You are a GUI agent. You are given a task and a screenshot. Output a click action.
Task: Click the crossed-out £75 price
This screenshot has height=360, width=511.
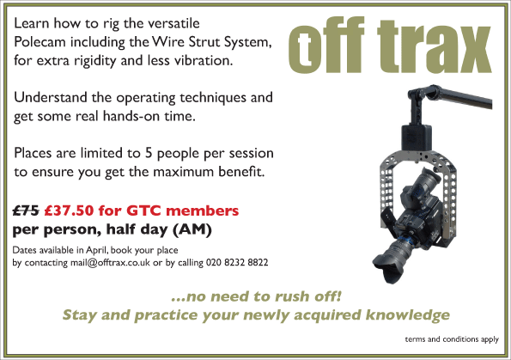pyautogui.click(x=26, y=211)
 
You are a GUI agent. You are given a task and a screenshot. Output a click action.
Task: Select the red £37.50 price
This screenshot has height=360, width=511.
pyautogui.click(x=69, y=211)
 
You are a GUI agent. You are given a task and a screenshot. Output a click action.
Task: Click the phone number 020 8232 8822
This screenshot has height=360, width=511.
pyautogui.click(x=237, y=263)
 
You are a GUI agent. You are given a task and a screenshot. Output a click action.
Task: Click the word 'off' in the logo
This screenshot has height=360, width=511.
pyautogui.click(x=325, y=45)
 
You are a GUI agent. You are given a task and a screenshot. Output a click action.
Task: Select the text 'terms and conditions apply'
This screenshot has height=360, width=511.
pyautogui.click(x=452, y=339)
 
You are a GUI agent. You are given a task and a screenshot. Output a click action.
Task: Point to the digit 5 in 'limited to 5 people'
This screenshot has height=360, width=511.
pyautogui.click(x=149, y=153)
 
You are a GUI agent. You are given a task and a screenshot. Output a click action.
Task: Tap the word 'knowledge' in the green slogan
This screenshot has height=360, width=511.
pyautogui.click(x=407, y=315)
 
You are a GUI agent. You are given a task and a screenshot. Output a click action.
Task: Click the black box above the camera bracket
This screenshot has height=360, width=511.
pyautogui.click(x=417, y=137)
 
